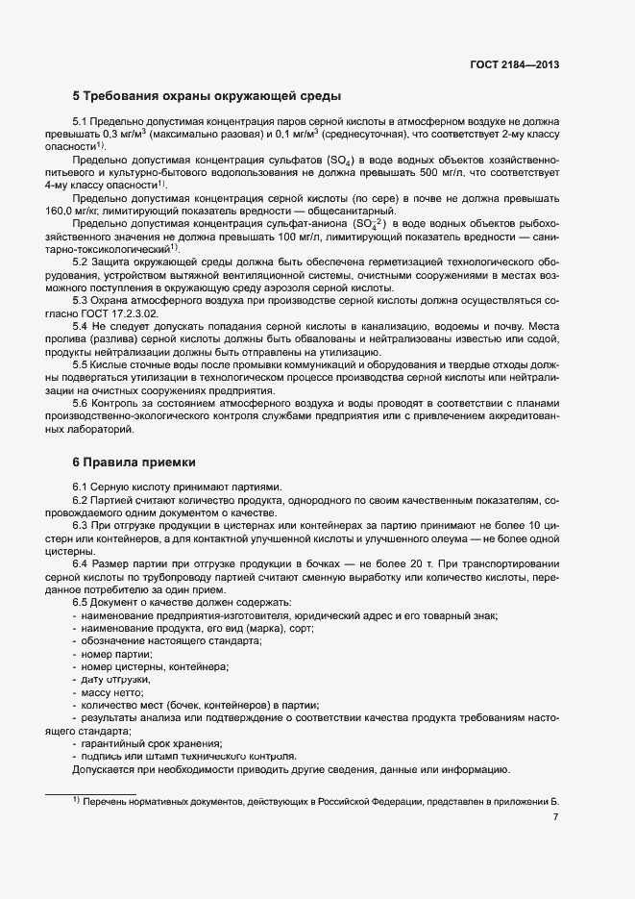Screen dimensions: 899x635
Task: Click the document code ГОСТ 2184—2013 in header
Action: coord(516,64)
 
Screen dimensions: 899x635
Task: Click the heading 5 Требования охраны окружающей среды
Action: coord(207,96)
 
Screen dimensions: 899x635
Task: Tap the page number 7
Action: coord(556,817)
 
